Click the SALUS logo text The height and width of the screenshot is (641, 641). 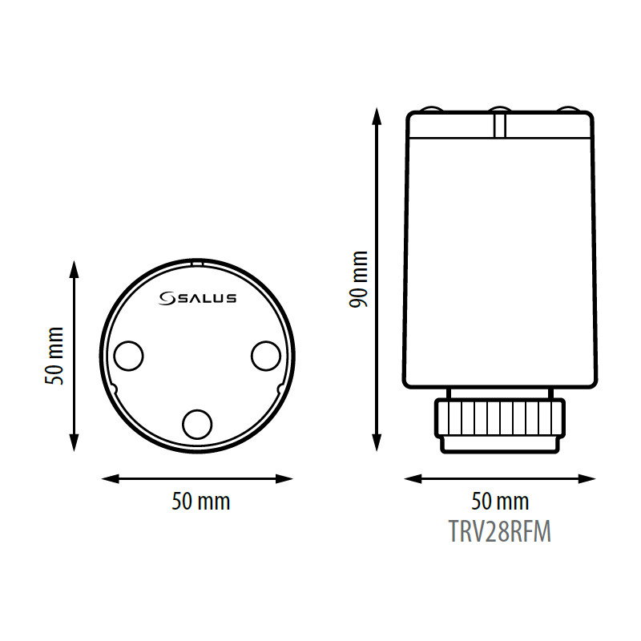click(x=207, y=298)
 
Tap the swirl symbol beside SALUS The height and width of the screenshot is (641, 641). click(x=167, y=298)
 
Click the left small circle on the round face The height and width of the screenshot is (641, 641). click(x=129, y=356)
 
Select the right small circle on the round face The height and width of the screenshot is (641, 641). click(x=266, y=356)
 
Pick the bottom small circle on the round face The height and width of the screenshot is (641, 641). click(x=197, y=425)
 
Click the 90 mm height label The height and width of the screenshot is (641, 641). click(x=358, y=280)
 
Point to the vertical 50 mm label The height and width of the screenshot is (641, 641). click(x=54, y=356)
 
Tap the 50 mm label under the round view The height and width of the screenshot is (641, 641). click(x=201, y=502)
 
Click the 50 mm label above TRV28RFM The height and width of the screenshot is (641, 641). click(x=500, y=502)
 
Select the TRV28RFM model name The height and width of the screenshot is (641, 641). click(x=500, y=531)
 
